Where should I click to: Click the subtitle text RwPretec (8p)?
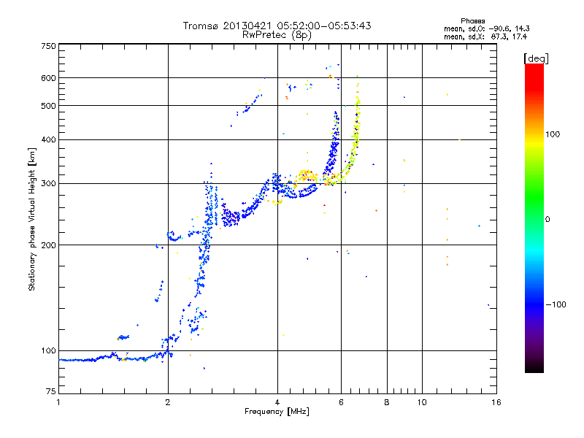[277, 35]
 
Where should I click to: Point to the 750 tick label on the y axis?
[48, 46]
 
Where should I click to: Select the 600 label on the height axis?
[48, 78]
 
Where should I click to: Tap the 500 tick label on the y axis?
[48, 106]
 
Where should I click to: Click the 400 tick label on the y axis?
[48, 140]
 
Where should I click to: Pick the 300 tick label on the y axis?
[48, 184]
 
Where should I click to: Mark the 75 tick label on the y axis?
[51, 391]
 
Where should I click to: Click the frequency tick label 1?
[58, 402]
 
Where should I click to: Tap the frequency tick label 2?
[168, 402]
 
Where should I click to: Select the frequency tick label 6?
[341, 402]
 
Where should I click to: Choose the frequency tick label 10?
[422, 402]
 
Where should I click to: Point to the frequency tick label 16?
[496, 402]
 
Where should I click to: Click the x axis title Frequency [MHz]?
[277, 412]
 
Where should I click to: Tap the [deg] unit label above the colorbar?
[536, 59]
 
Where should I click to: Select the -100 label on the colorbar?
[556, 304]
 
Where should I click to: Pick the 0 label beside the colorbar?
[547, 220]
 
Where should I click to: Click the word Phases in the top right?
[472, 21]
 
